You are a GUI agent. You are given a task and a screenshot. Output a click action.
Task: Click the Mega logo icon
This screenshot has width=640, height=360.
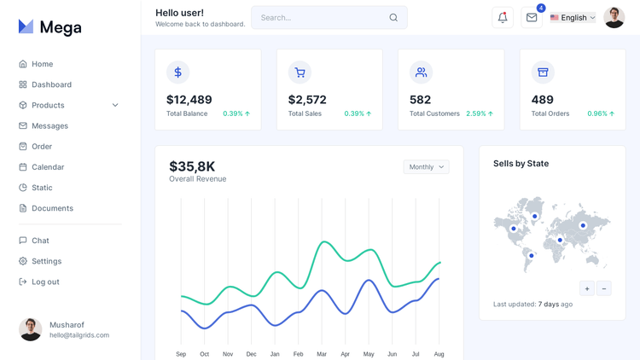(26, 27)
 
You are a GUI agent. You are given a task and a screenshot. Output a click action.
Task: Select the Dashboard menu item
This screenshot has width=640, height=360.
(51, 84)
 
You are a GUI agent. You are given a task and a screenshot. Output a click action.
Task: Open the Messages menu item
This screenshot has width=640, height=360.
(49, 125)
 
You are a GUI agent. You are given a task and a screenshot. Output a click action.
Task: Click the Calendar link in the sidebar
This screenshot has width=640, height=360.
(48, 167)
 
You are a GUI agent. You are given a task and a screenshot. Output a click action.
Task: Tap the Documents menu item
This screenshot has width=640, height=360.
(52, 208)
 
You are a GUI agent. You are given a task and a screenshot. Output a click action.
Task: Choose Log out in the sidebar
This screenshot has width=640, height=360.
(45, 282)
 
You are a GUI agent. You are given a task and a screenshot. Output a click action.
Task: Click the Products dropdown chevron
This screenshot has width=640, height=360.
(115, 105)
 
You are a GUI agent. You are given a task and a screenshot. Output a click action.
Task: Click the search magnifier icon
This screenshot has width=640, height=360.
(393, 17)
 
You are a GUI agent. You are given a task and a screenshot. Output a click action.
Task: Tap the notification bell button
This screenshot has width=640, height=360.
(503, 17)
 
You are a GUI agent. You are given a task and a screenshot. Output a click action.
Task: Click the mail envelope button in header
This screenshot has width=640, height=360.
(532, 17)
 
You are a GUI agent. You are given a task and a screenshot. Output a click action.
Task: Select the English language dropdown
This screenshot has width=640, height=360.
(573, 17)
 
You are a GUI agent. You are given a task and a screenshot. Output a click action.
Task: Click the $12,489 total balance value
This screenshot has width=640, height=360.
(189, 100)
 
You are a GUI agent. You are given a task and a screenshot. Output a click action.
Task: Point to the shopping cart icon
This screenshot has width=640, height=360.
(300, 73)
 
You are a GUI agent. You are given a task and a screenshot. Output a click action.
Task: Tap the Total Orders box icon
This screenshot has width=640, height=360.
(543, 73)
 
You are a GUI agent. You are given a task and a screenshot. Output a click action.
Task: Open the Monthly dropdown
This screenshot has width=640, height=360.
(426, 167)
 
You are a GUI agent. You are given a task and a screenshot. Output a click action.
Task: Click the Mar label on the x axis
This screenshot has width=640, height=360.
(322, 354)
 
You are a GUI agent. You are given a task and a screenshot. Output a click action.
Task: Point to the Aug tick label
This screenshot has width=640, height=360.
(439, 354)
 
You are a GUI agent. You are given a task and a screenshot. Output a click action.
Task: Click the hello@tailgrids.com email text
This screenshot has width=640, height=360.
(79, 335)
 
